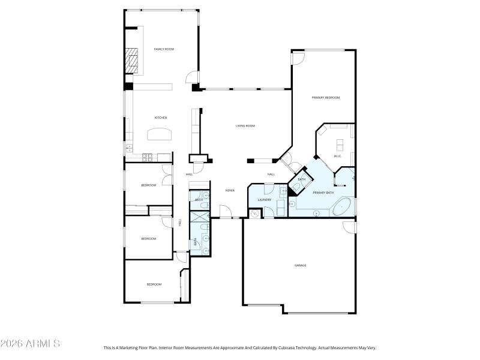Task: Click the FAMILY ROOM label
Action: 164,49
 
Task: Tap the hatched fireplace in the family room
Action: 131,60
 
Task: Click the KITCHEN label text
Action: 161,118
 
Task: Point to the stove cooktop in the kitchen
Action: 147,158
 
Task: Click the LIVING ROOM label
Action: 245,126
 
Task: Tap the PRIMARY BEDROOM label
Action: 325,97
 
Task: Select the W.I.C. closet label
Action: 337,157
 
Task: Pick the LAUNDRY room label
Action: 265,200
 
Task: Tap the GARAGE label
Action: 300,265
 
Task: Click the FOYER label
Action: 229,190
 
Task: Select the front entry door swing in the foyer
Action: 226,211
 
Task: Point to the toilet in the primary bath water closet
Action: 296,187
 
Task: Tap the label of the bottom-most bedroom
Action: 154,284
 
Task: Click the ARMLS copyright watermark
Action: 30,344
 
